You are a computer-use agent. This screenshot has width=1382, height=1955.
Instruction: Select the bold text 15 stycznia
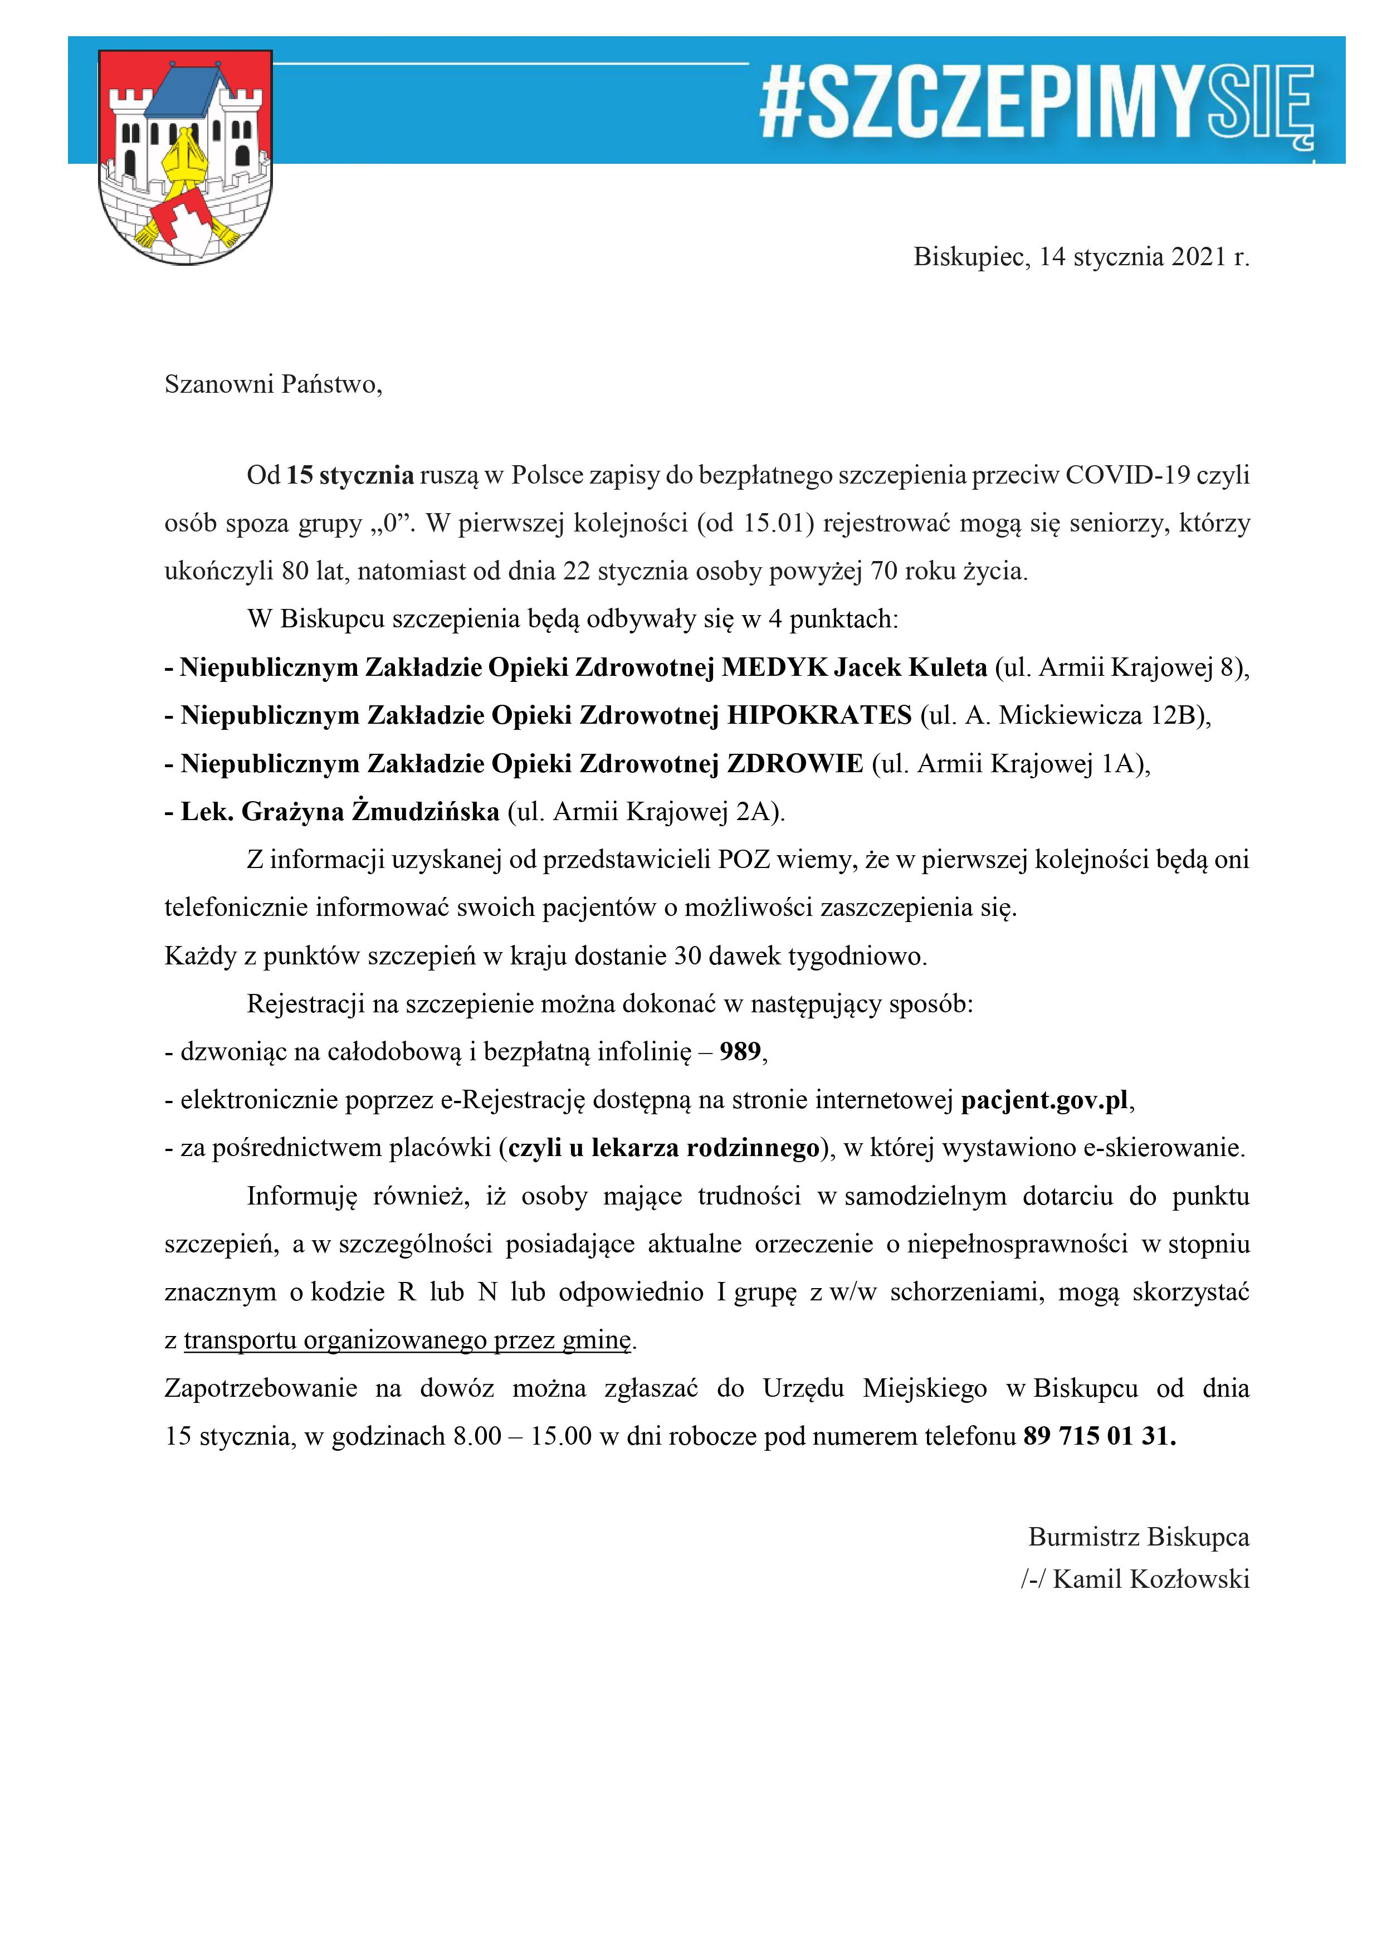(x=350, y=475)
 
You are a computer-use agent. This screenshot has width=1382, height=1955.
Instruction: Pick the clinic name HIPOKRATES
(x=819, y=715)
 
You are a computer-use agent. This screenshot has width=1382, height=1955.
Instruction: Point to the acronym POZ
(x=744, y=860)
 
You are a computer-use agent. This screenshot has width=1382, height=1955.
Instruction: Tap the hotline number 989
(x=740, y=1052)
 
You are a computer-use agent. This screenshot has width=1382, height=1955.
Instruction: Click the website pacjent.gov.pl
(x=1044, y=1101)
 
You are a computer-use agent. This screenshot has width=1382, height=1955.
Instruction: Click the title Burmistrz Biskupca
(x=1139, y=1538)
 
